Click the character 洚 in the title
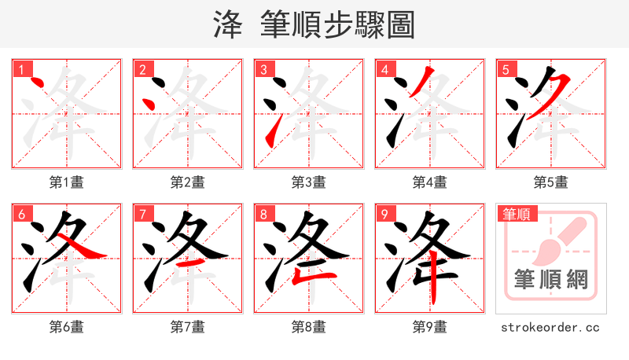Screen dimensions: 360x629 (229, 25)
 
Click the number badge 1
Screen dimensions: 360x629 (21, 70)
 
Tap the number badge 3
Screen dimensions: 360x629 (263, 70)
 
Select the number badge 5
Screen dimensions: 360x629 (506, 70)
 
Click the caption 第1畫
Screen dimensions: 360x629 (67, 182)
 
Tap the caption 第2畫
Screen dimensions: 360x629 (188, 182)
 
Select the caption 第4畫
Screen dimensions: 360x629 (430, 182)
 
